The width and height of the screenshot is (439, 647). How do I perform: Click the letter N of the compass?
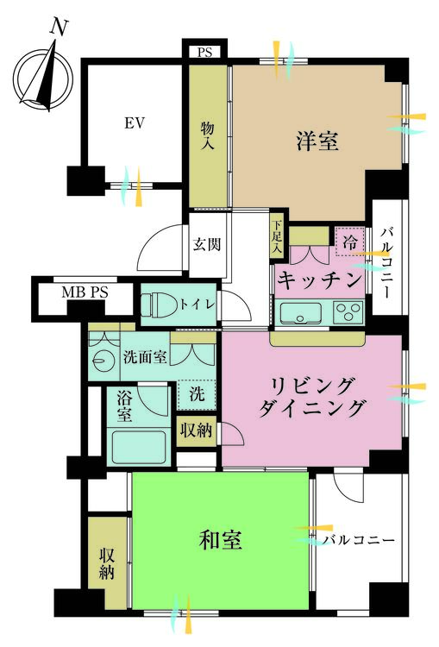coord(59,28)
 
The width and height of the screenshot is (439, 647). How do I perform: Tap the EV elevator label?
coord(133,123)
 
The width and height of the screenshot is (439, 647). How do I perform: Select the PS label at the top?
coord(205,52)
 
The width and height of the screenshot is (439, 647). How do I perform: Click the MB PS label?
coord(85,293)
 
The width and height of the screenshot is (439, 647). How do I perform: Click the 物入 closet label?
coord(207,136)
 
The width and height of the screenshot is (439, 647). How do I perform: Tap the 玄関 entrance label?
coord(207,244)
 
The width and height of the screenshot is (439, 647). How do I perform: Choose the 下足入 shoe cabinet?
coord(276,235)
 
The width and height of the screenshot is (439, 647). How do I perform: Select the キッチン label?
coord(317,280)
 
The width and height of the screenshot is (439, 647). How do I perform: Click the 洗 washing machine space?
coord(196,395)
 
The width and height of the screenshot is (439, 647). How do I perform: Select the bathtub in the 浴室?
coord(138,445)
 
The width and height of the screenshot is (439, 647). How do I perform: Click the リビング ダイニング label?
coord(311,396)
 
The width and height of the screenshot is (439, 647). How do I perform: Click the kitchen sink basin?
coord(300,313)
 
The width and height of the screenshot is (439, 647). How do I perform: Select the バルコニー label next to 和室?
coord(359,541)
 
